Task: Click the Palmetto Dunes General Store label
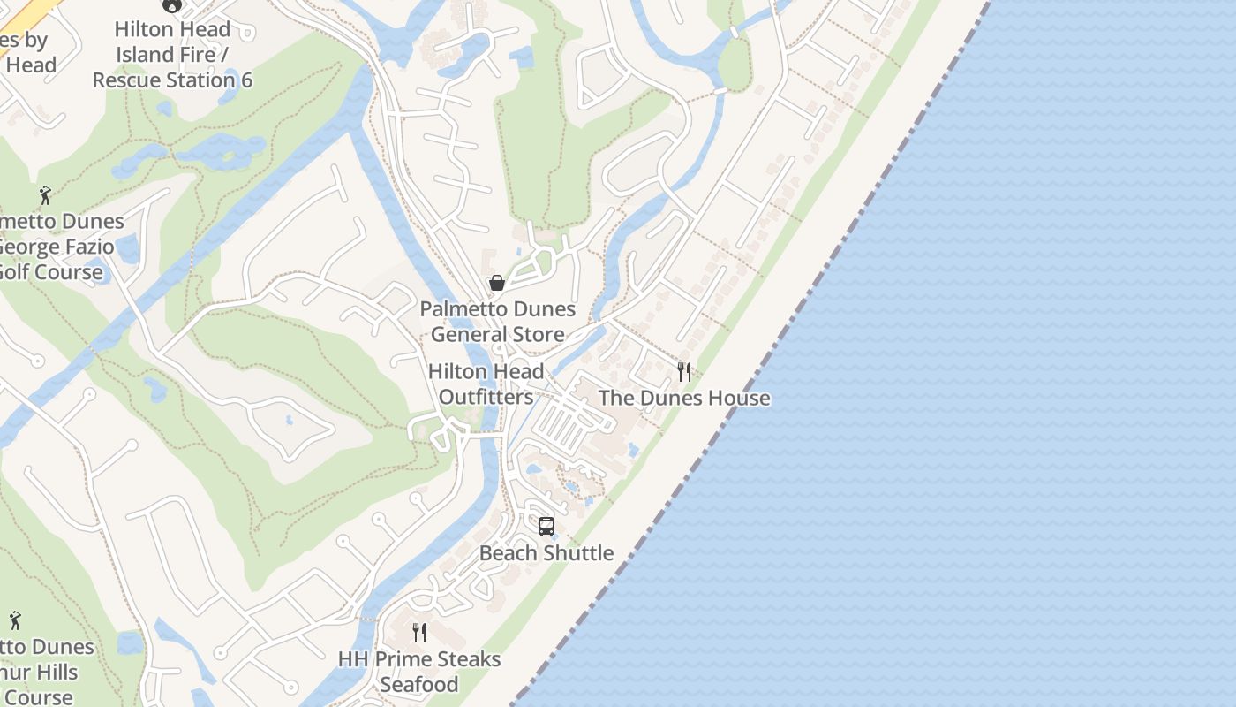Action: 497,322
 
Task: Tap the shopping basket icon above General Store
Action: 497,283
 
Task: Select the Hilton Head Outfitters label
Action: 486,384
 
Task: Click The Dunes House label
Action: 684,399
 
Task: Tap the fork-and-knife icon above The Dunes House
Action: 684,372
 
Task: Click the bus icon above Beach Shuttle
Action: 546,527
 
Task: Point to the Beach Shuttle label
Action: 546,553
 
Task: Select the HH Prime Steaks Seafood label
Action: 419,672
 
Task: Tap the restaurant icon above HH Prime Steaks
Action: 419,633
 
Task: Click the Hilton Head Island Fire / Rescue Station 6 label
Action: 172,55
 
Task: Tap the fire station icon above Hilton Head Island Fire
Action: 171,5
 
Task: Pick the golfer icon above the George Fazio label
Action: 45,195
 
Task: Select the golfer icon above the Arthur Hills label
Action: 15,621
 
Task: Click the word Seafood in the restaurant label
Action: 419,685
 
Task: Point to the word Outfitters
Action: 486,398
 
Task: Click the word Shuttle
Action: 578,553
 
